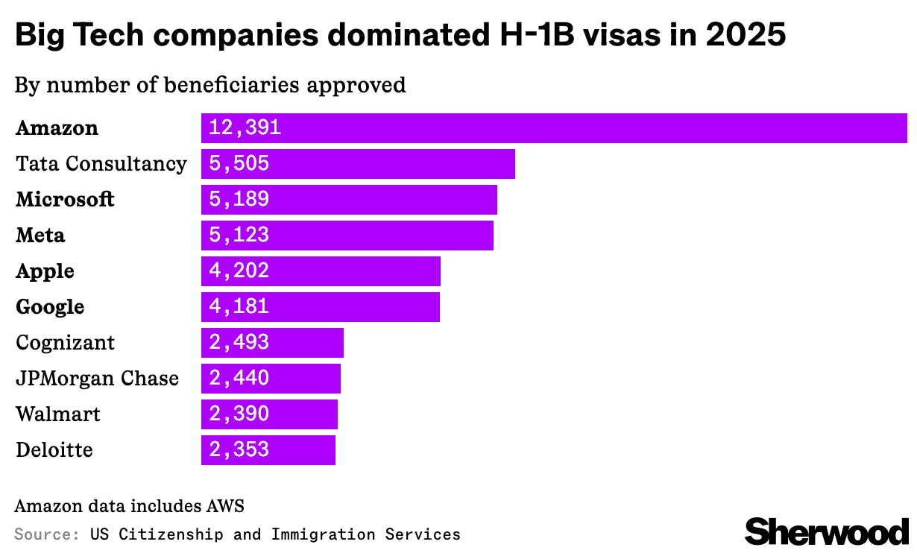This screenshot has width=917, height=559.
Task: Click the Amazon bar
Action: [553, 128]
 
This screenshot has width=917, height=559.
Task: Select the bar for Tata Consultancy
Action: [358, 164]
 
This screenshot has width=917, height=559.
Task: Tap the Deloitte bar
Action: [268, 450]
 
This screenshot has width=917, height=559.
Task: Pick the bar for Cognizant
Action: [272, 343]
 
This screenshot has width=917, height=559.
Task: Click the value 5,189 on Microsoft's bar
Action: [239, 200]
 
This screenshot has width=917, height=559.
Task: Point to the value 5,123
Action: [239, 236]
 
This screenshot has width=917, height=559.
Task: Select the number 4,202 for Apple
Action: [239, 271]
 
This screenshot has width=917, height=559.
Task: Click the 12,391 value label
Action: [245, 128]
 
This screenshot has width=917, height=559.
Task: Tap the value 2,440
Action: [239, 379]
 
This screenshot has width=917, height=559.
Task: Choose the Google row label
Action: [50, 307]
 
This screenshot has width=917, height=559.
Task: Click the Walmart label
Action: [58, 414]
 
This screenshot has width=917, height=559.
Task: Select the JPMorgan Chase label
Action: [97, 379]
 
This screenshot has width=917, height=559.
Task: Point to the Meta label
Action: [40, 236]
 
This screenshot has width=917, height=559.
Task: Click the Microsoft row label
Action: [65, 200]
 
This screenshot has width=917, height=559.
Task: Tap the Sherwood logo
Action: [827, 531]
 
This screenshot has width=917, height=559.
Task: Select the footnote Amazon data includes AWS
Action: [129, 506]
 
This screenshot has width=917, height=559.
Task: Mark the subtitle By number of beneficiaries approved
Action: [210, 85]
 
